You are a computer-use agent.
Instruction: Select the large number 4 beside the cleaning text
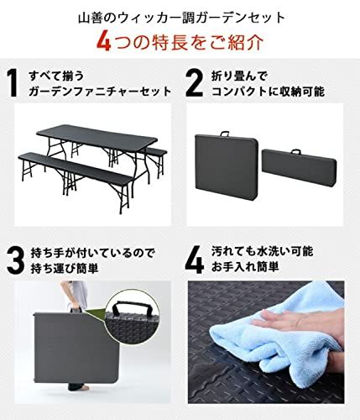(x=195, y=260)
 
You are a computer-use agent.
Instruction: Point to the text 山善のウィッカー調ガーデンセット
(x=180, y=14)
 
